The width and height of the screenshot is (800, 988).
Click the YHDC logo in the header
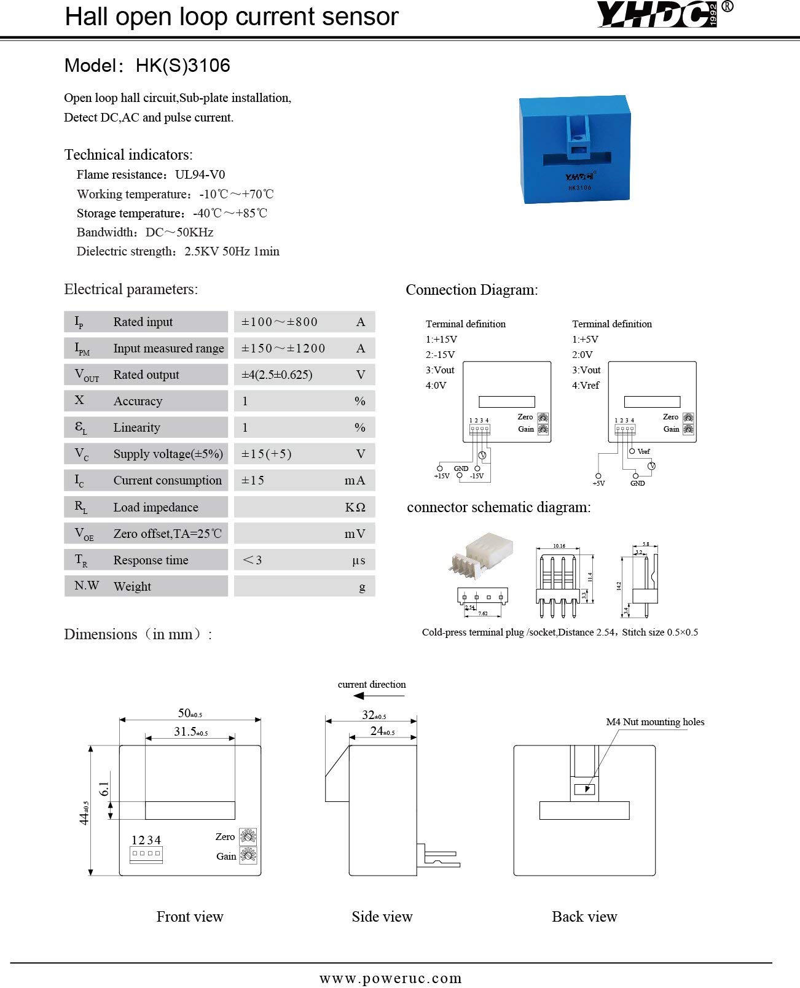pyautogui.click(x=659, y=15)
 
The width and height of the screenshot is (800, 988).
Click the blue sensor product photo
pyautogui.click(x=575, y=149)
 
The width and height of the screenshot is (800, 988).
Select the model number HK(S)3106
pyautogui.click(x=182, y=66)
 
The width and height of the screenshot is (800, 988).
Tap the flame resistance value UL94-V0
pyautogui.click(x=200, y=174)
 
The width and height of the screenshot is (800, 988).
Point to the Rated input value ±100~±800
pyautogui.click(x=280, y=322)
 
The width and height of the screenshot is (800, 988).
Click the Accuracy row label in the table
pyautogui.click(x=138, y=401)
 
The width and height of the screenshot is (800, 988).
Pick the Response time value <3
pyautogui.click(x=253, y=560)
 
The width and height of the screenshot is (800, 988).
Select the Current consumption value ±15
pyautogui.click(x=253, y=480)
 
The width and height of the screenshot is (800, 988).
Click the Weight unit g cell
pyautogui.click(x=362, y=586)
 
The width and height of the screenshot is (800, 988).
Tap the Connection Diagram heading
pyautogui.click(x=471, y=290)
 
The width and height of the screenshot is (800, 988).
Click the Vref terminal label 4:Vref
pyautogui.click(x=586, y=385)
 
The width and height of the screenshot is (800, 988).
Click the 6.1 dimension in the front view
pyautogui.click(x=104, y=789)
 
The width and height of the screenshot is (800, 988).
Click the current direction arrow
pyautogui.click(x=378, y=696)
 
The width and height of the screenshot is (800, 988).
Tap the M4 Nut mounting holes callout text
pyautogui.click(x=655, y=722)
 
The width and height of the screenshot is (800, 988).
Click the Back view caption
pyautogui.click(x=584, y=917)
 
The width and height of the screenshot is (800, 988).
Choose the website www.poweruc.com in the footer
pyautogui.click(x=390, y=978)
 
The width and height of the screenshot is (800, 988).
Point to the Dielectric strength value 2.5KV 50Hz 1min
pyautogui.click(x=232, y=251)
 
